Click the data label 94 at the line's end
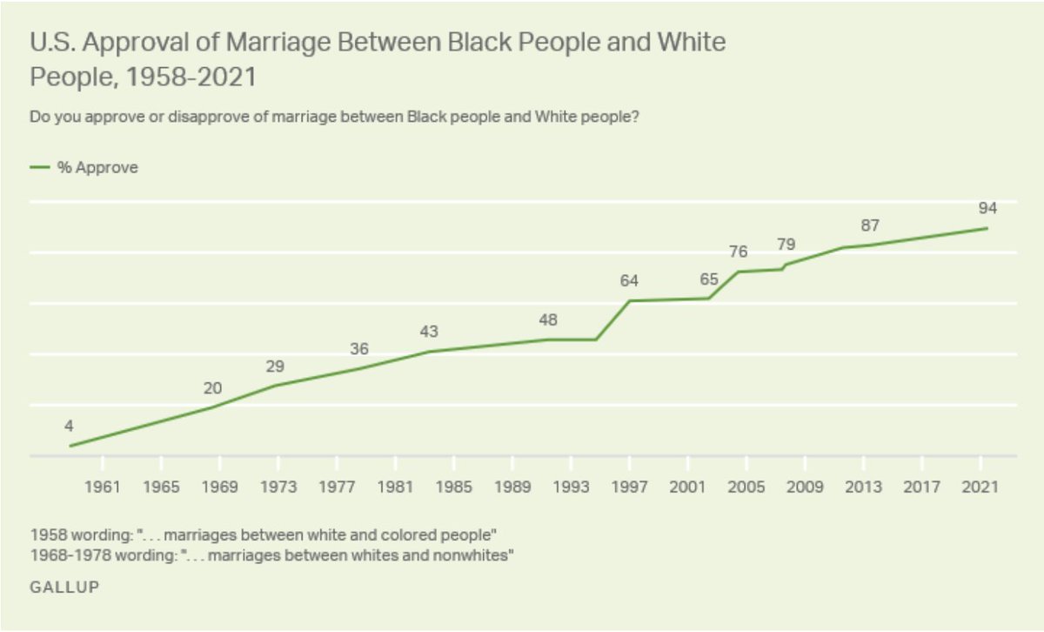(x=987, y=209)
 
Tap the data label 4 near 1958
(x=68, y=427)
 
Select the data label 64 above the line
(x=630, y=281)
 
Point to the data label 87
(x=871, y=225)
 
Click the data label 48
(x=548, y=319)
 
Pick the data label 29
(x=276, y=366)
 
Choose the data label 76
(x=738, y=252)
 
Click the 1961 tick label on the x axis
(x=102, y=487)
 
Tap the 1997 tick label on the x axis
(x=630, y=487)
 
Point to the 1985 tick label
(x=454, y=487)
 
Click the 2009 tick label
(x=806, y=487)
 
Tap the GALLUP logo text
(x=64, y=588)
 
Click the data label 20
(x=213, y=388)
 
